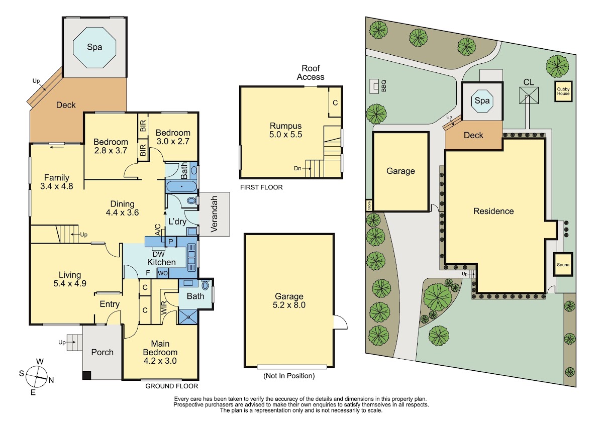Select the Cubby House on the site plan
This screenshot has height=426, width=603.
point(563,91)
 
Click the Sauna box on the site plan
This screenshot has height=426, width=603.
point(563,265)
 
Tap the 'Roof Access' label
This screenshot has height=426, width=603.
point(311,73)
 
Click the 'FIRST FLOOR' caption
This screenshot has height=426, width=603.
point(261,187)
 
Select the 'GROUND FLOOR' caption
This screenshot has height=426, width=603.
point(171,386)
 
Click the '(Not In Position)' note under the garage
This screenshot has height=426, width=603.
point(289,376)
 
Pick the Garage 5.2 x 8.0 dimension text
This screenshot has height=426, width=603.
point(289,305)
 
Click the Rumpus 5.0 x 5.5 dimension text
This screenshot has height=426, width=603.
point(285,134)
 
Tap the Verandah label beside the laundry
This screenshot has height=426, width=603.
point(214,214)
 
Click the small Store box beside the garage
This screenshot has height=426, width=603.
point(369,205)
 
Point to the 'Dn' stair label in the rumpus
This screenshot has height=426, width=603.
point(297,168)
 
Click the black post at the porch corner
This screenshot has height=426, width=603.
point(86,375)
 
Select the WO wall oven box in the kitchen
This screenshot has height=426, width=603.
point(163,273)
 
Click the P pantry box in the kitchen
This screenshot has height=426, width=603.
point(170,242)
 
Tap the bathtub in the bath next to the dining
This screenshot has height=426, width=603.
point(182,186)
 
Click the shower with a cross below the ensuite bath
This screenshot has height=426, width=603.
point(188,317)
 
